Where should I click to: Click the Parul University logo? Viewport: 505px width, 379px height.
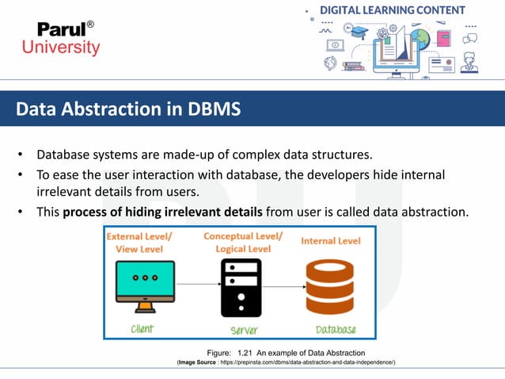point(68,38)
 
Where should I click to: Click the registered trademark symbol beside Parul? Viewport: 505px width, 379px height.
point(89,24)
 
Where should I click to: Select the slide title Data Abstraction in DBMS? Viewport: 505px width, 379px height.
point(128,109)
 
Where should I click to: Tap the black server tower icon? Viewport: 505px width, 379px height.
point(241,287)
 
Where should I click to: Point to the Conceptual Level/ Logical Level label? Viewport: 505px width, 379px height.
point(241,242)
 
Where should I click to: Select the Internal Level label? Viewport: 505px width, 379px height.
point(331,240)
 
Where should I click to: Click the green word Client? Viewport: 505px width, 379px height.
point(142,328)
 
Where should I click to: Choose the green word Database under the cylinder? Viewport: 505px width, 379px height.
point(336,329)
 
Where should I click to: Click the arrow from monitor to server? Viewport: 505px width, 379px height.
point(196,285)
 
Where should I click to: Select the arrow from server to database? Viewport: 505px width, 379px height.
point(284,285)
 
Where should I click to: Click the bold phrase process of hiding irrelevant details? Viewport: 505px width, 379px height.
point(162,212)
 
